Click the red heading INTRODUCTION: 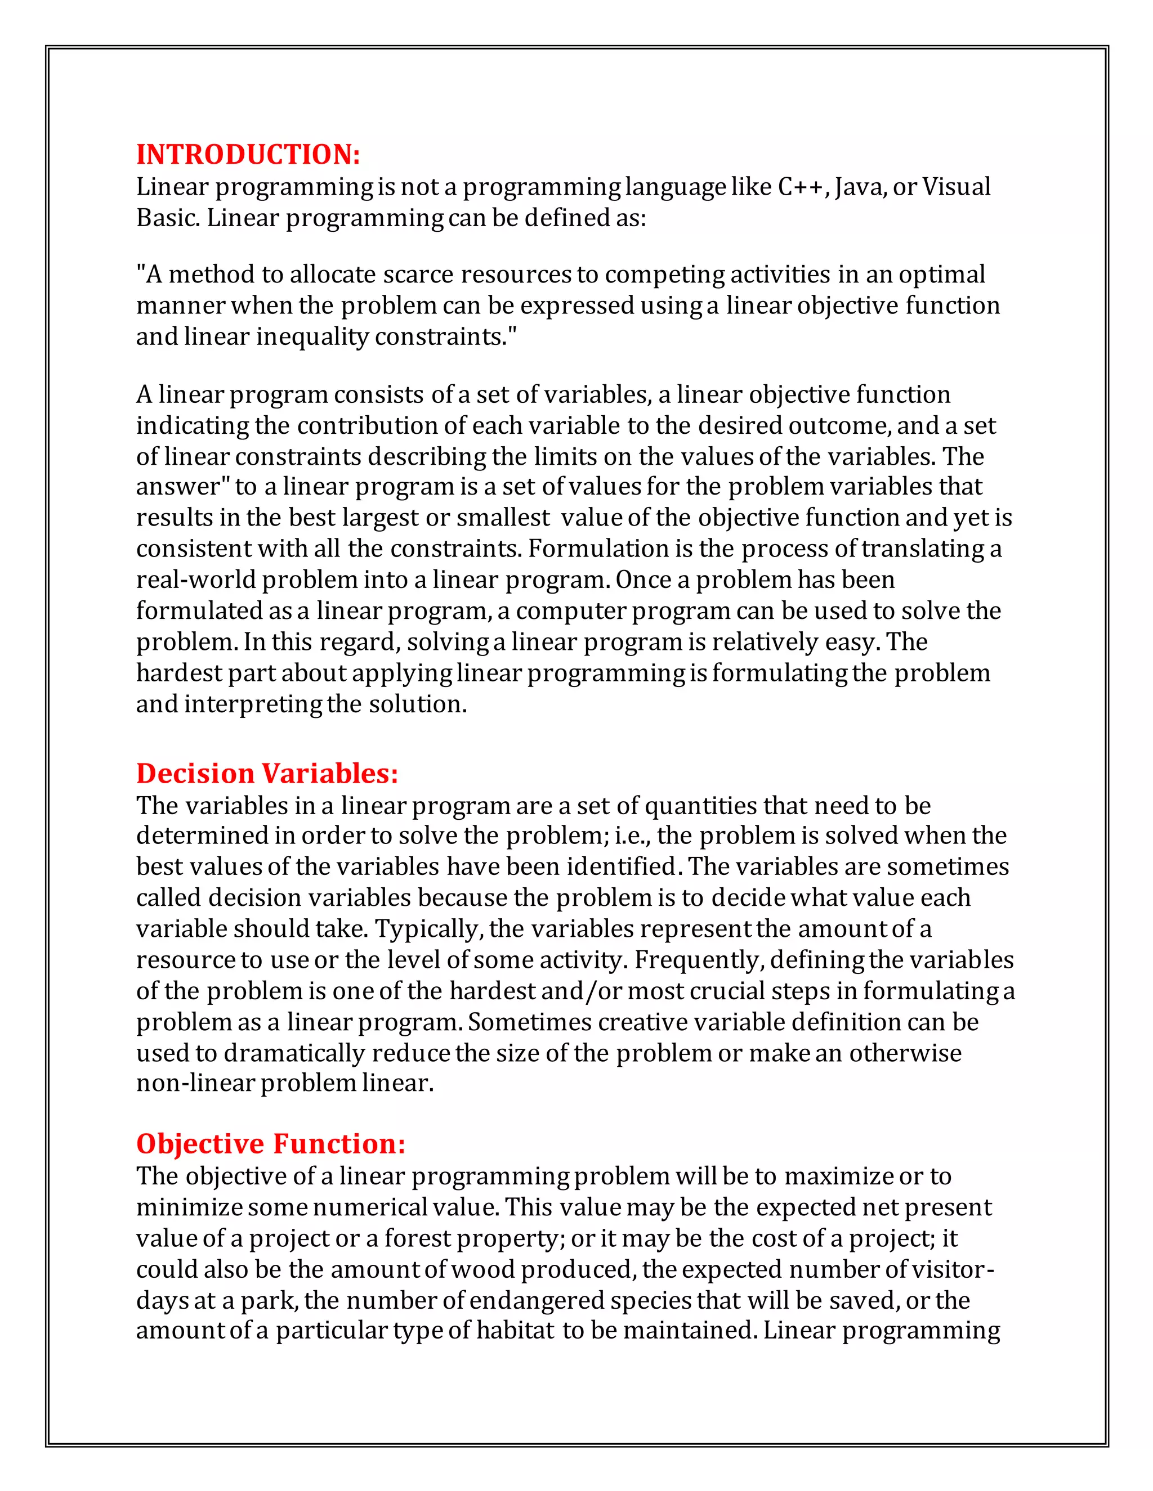(x=248, y=154)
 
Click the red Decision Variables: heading (x=266, y=774)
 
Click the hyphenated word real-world (x=196, y=580)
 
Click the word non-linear (x=195, y=1084)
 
